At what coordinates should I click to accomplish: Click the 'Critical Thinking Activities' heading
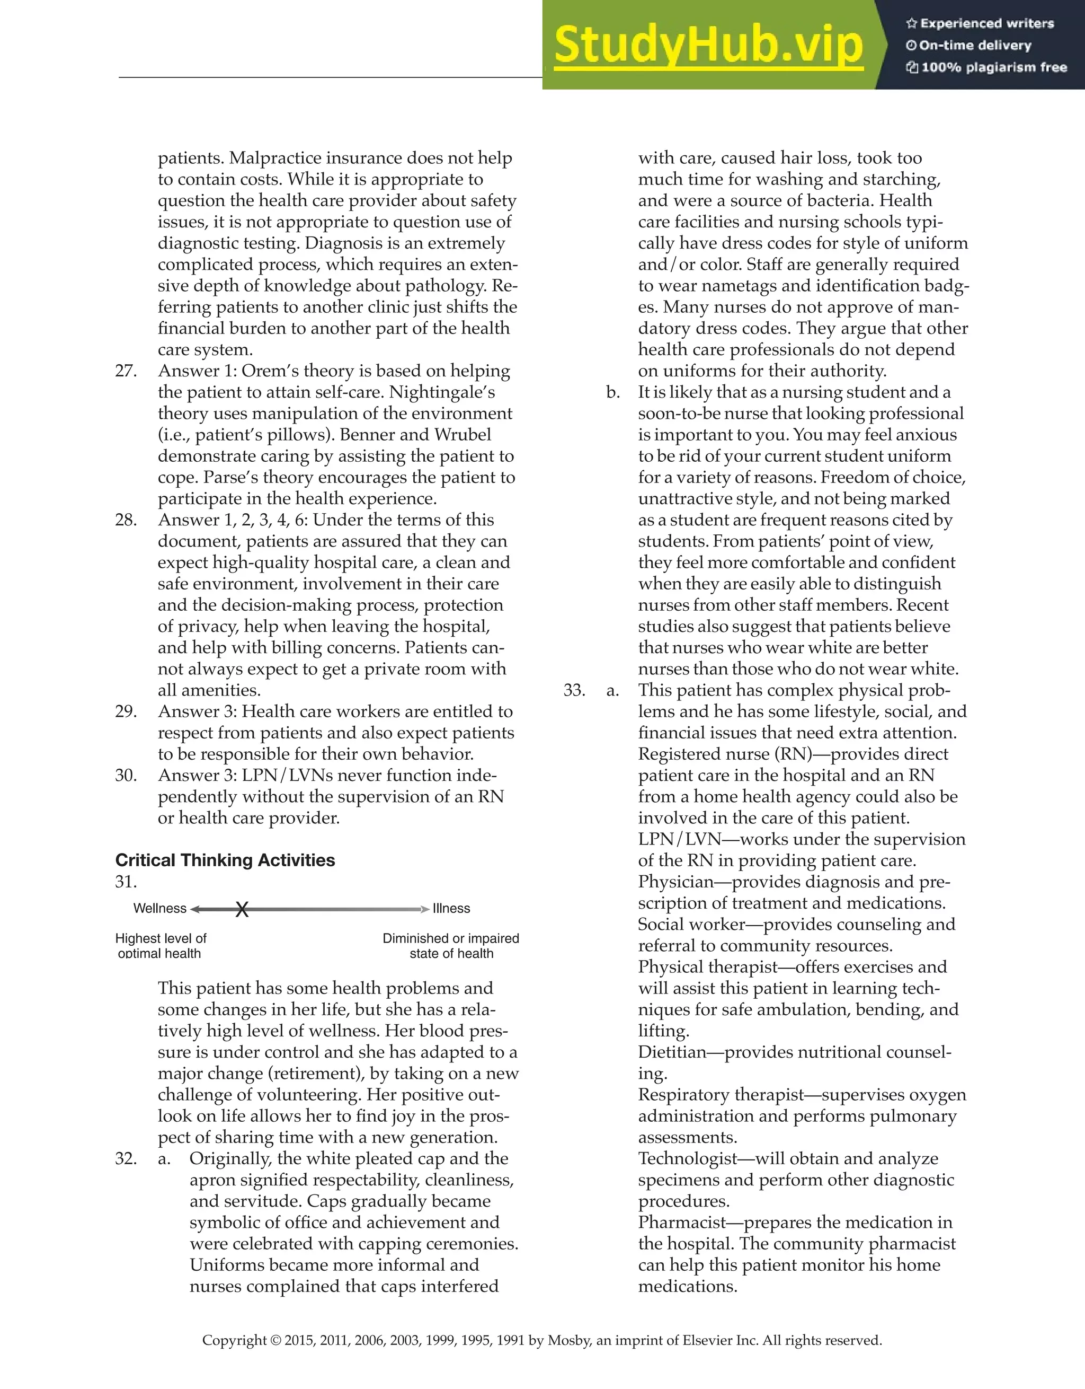pos(225,860)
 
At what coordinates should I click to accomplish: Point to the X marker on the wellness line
pos(242,909)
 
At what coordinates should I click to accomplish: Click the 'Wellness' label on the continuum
pos(159,908)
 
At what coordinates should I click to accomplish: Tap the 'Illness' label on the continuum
pos(451,908)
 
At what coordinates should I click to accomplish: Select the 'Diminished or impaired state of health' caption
pos(451,946)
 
